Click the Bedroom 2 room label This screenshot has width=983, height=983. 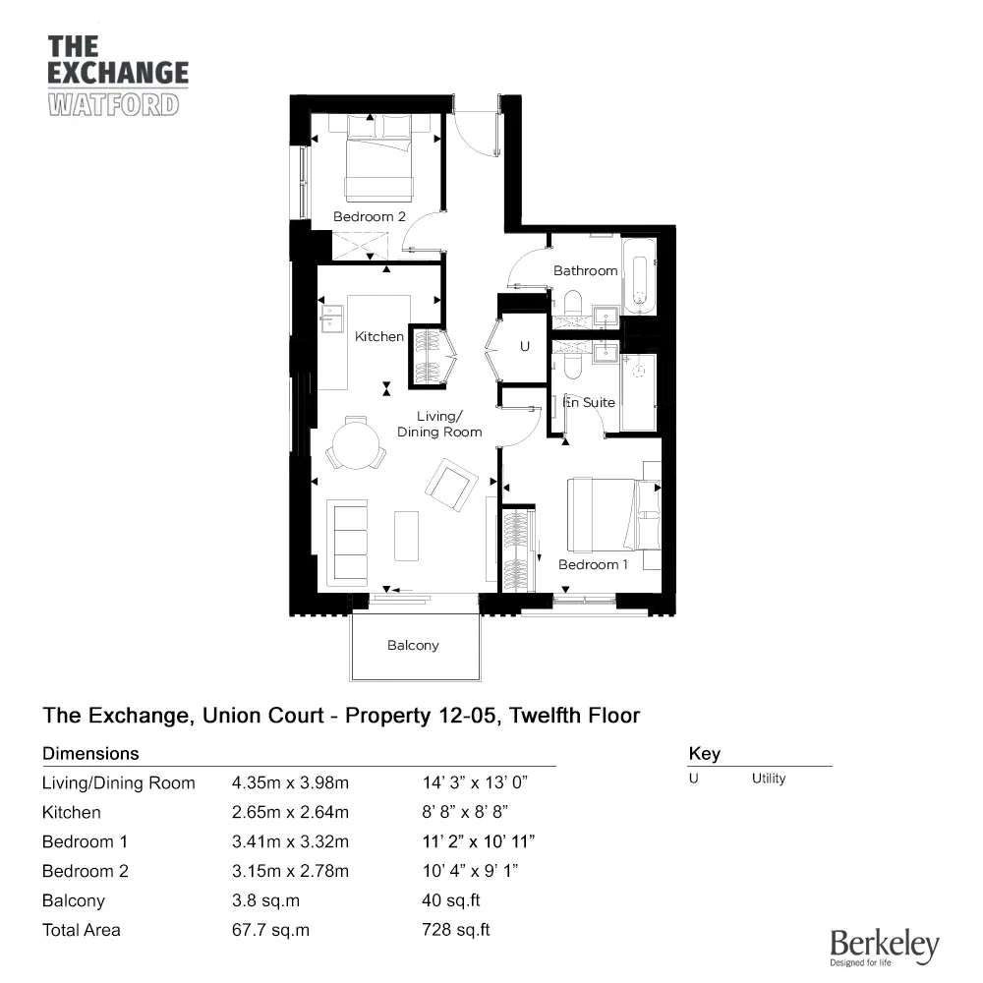point(369,216)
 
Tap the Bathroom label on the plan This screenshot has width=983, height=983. point(585,270)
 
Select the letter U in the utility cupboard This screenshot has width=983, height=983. point(524,346)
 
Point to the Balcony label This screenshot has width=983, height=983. point(413,646)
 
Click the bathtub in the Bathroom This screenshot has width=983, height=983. point(639,275)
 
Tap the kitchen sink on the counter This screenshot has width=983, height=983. point(330,318)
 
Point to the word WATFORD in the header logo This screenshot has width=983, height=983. point(113,103)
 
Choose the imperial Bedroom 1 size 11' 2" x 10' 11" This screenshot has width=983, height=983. point(477,841)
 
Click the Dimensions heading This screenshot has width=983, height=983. point(90,754)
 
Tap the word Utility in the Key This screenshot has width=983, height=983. point(769,779)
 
